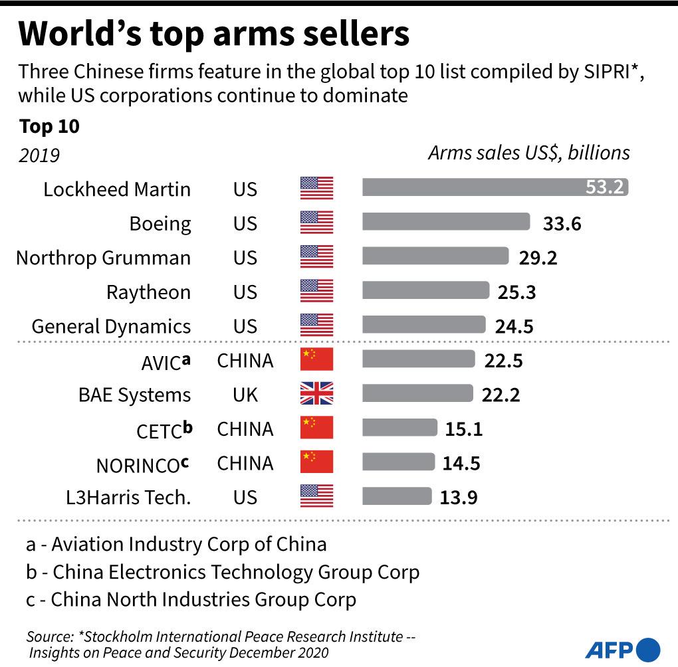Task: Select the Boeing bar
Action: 445,223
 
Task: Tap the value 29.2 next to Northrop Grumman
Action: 538,257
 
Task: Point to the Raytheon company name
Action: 148,292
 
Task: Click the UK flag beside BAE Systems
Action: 316,394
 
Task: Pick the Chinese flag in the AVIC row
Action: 316,359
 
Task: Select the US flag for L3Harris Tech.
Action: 316,496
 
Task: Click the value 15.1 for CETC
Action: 463,429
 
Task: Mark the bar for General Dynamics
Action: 423,326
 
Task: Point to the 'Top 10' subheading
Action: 49,126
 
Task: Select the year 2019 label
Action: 39,155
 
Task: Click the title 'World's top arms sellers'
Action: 214,35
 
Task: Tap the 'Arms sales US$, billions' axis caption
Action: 528,153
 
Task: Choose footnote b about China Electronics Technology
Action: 223,571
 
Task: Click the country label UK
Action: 245,395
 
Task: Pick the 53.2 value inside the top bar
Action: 604,188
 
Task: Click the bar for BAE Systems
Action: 417,394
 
